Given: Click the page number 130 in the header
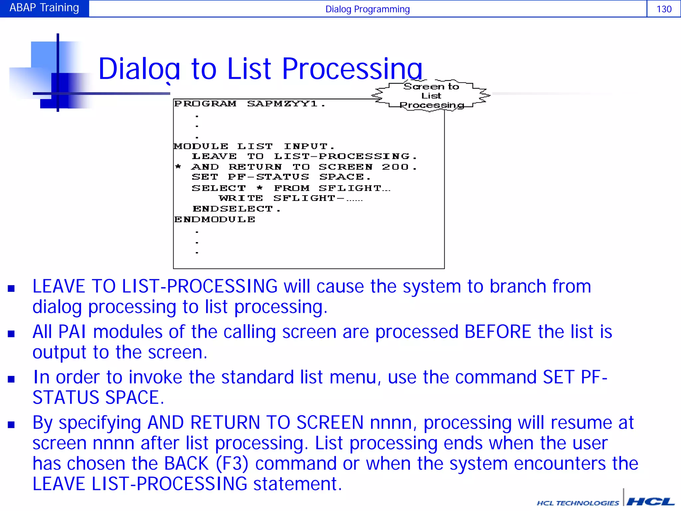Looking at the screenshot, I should (x=664, y=9).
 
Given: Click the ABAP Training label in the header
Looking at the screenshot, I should (x=44, y=8).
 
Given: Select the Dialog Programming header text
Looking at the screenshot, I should (x=367, y=9).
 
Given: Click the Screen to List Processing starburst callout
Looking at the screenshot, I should (x=431, y=96).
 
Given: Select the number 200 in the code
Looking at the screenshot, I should (x=395, y=167).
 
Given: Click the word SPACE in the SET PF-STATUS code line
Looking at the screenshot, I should (x=342, y=177).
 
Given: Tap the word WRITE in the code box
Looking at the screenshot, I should (x=241, y=198).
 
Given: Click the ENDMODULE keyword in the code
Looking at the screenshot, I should (x=215, y=220).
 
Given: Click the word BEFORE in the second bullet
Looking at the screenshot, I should (x=498, y=332).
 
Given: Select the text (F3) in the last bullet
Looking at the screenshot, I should (x=232, y=463).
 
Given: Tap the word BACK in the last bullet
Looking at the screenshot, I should (x=186, y=463).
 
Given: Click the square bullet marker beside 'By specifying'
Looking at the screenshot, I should (x=11, y=425).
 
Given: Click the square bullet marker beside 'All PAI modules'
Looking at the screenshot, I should (x=11, y=334).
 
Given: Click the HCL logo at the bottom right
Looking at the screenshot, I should (x=650, y=502).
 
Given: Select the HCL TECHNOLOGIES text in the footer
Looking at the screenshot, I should (x=578, y=503).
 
